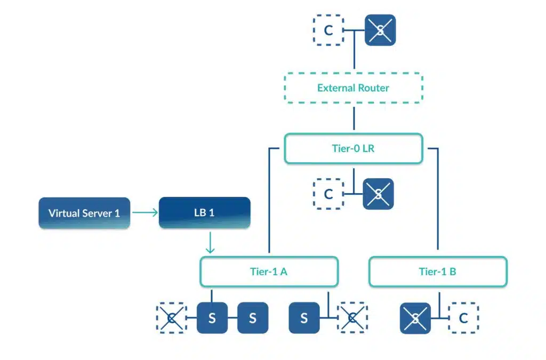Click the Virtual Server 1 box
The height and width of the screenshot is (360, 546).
point(84,213)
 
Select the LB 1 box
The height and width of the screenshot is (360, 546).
point(204,212)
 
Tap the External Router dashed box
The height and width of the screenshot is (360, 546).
point(354,88)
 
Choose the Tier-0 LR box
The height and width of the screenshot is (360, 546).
point(354,148)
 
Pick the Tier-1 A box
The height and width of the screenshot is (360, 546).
point(269,271)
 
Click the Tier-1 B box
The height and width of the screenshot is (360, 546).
point(438,271)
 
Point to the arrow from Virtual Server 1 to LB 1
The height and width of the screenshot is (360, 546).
point(145,212)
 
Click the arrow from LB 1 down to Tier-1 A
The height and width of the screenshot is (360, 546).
point(210,243)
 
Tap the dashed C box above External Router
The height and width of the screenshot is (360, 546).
point(328,30)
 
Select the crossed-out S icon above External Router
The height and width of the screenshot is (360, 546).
point(380,30)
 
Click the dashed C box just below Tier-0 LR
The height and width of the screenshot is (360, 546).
point(328,194)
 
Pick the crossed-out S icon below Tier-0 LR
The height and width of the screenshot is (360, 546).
point(378,194)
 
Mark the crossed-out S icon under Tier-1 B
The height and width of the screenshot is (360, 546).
point(415,318)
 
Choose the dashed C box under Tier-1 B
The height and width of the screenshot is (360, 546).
point(463,318)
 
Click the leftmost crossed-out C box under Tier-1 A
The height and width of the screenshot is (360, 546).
point(171,318)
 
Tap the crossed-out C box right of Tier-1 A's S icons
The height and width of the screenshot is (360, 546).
point(352,318)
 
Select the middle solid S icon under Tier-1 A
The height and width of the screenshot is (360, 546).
point(253,318)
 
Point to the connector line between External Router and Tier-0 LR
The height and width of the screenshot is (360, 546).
point(354,118)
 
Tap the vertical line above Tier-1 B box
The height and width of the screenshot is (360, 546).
point(438,199)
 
